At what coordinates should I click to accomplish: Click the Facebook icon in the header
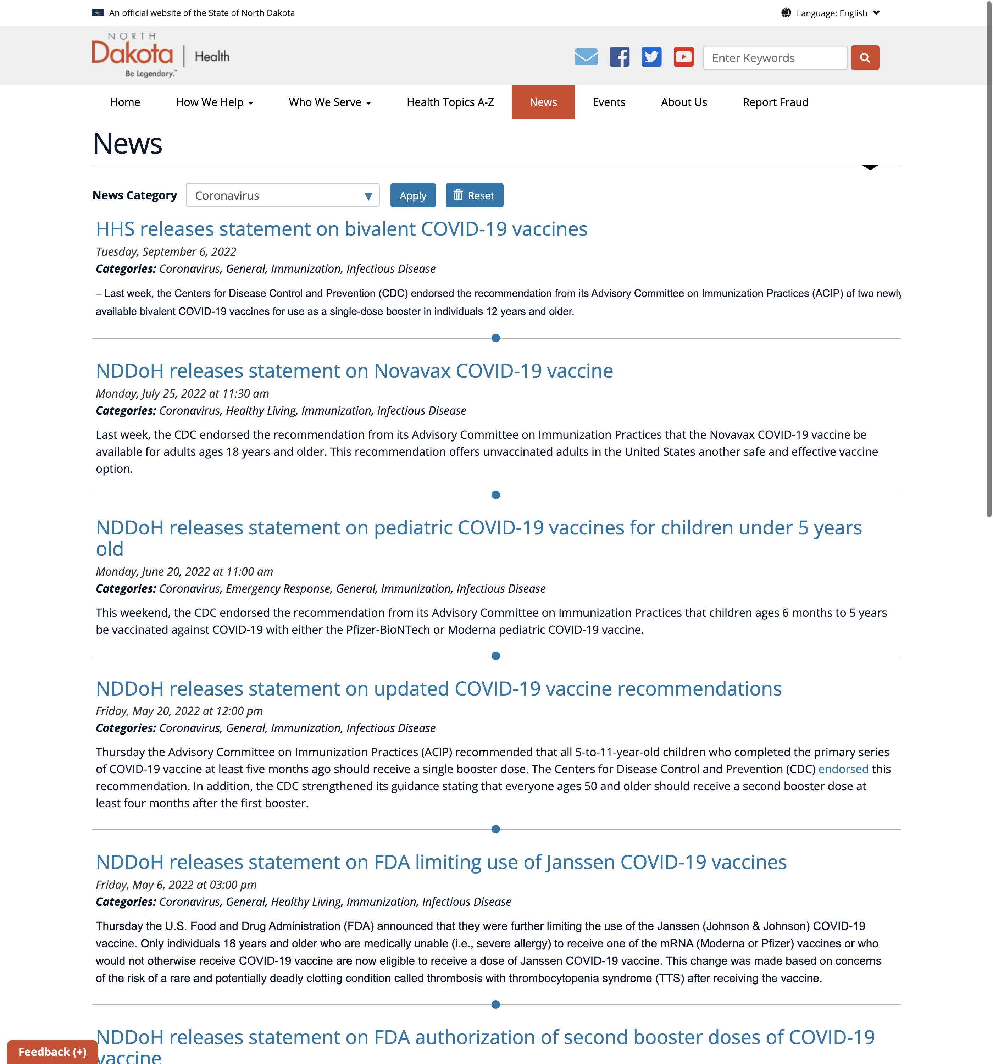pos(619,57)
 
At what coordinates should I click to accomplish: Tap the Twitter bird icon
pos(651,57)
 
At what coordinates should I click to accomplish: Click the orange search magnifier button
pos(865,58)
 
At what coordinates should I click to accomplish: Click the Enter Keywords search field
pos(775,58)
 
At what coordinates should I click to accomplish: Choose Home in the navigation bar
pos(125,102)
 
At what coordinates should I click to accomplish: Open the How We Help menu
pos(214,102)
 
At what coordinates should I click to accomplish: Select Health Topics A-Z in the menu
pos(450,102)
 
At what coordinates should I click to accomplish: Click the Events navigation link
pos(609,102)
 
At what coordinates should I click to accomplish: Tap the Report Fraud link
pos(775,102)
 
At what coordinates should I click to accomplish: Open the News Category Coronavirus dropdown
pos(282,195)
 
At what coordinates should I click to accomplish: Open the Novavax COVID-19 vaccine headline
pos(354,371)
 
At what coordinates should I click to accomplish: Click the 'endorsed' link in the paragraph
pos(843,769)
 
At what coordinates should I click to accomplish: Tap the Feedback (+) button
pos(52,1052)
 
